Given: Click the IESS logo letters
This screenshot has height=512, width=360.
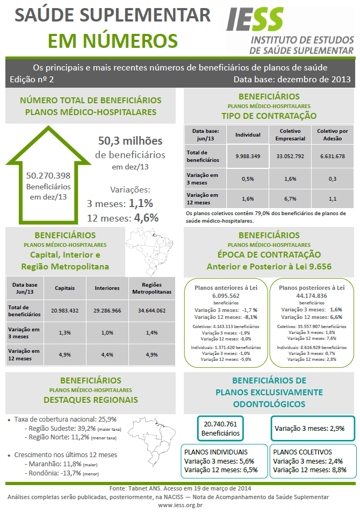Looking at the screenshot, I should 254,20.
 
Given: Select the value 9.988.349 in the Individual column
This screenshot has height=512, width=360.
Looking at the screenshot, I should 248,156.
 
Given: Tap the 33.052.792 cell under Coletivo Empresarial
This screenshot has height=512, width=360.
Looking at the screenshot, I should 290,156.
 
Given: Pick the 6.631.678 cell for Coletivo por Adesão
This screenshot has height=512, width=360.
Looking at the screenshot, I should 332,156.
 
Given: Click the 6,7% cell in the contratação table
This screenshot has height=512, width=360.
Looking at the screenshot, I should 290,198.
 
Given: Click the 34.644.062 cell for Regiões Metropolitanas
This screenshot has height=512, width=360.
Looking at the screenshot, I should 151,310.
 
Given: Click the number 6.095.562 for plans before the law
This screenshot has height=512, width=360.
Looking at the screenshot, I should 226,296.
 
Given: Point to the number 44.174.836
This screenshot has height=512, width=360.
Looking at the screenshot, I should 312,296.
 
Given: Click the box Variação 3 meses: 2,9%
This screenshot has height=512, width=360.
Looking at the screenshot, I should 312,429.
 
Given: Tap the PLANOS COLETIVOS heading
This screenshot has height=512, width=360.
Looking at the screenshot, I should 303,452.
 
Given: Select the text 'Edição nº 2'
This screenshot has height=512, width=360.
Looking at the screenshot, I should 32,79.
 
